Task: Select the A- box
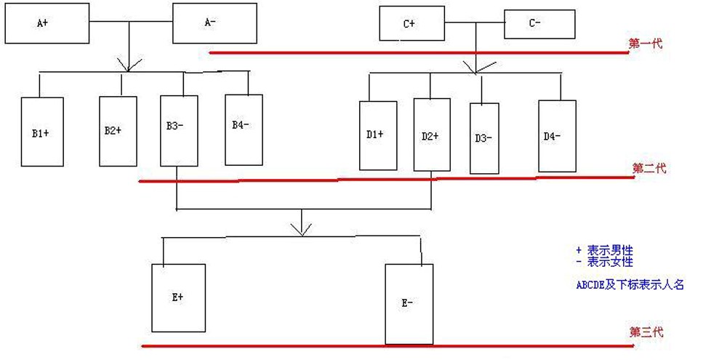[x=214, y=23]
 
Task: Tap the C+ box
[x=411, y=24]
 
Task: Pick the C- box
[x=539, y=24]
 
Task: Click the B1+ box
[x=42, y=132]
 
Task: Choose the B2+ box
[x=118, y=132]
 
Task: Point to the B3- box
[x=179, y=131]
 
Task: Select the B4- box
[x=244, y=130]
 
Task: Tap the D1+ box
[x=378, y=135]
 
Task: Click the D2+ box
[x=432, y=135]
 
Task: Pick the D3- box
[x=484, y=138]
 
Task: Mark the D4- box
[x=558, y=136]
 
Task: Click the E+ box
[x=179, y=298]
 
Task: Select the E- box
[x=409, y=304]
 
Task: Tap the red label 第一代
[x=646, y=44]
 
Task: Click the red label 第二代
[x=649, y=168]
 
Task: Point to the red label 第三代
[x=646, y=332]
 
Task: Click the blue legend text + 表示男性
[x=604, y=250]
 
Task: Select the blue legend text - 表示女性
[x=604, y=262]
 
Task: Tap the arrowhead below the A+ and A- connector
[x=129, y=65]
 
